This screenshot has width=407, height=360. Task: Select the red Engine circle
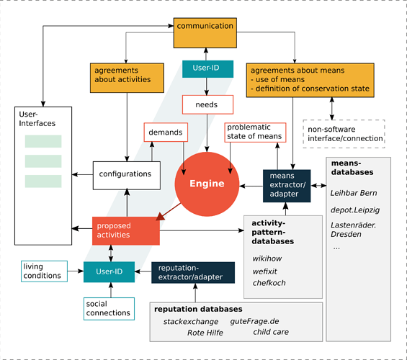(207, 184)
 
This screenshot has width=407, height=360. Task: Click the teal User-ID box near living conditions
(110, 272)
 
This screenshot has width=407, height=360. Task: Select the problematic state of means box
(256, 132)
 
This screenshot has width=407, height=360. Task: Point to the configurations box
(125, 174)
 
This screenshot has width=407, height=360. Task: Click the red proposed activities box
(124, 230)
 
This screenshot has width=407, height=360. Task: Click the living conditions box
(42, 271)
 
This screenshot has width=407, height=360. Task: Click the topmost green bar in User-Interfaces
(43, 141)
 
